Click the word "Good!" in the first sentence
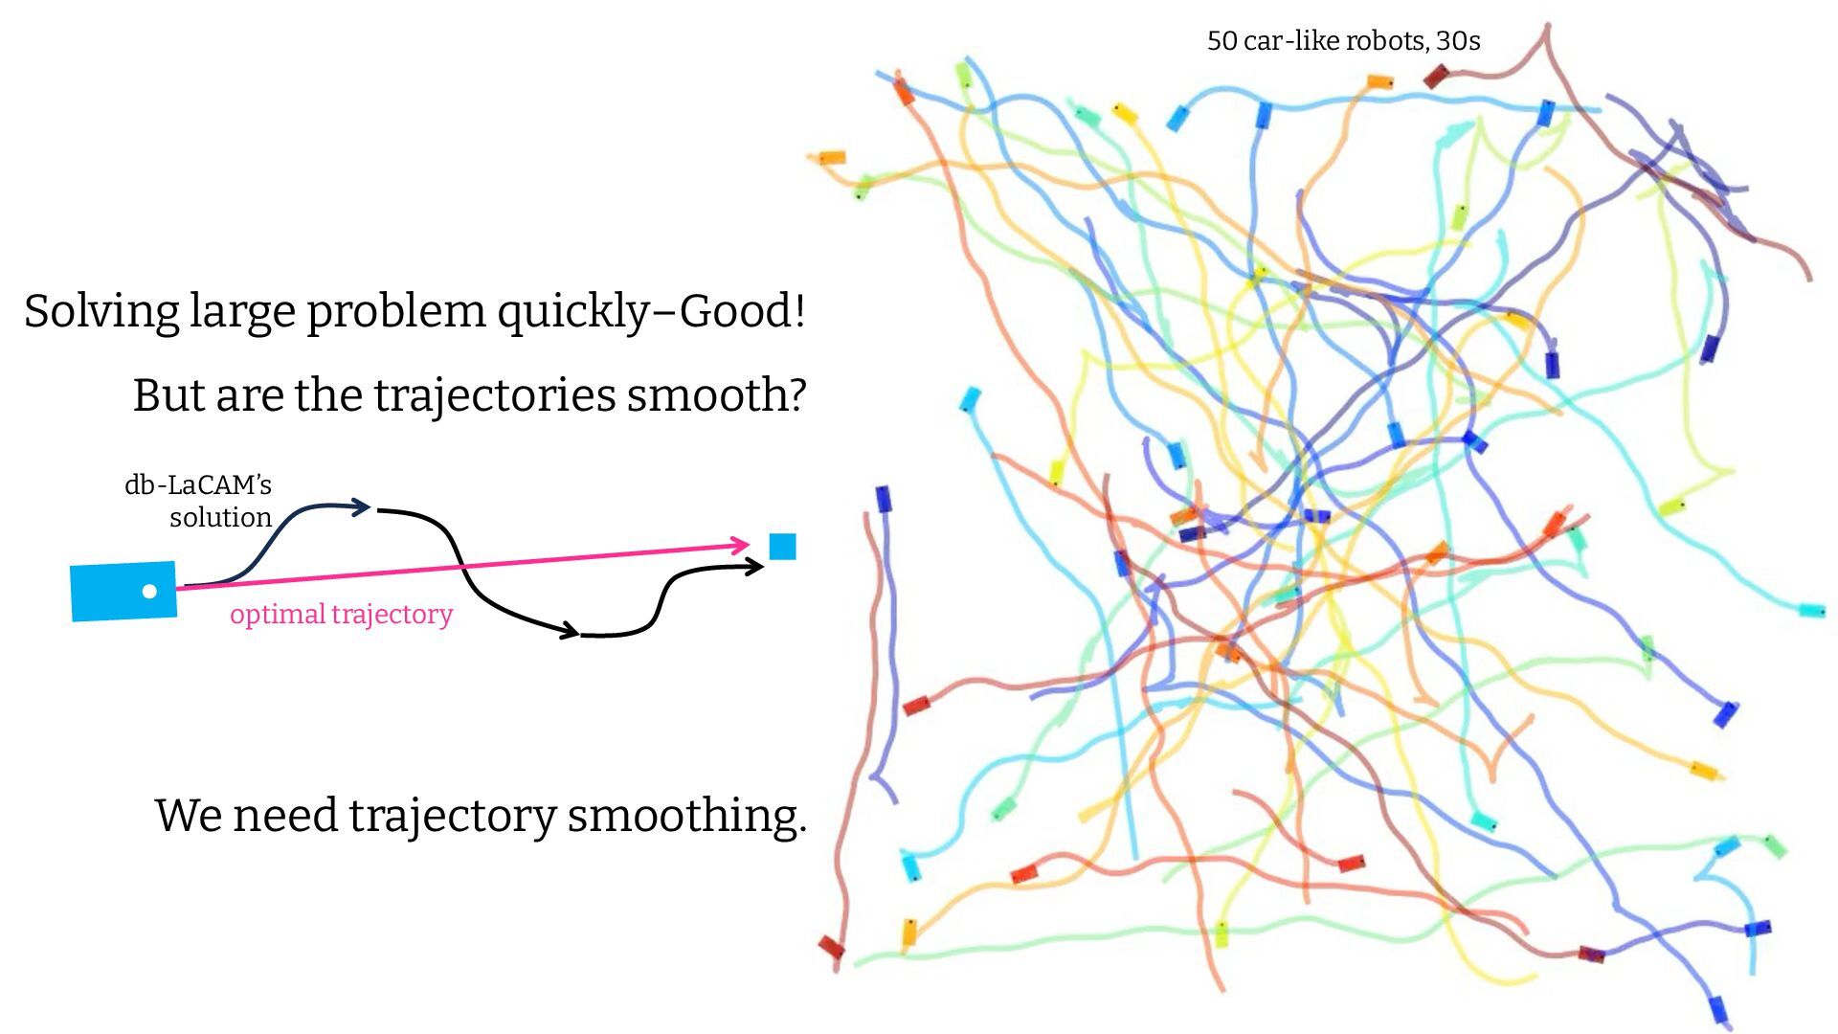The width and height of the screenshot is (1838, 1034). [742, 311]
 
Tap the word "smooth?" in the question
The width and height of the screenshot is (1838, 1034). [717, 394]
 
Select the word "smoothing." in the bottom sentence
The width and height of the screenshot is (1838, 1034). [687, 816]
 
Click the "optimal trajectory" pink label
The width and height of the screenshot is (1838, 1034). [341, 614]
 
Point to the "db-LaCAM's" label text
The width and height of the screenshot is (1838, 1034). [198, 484]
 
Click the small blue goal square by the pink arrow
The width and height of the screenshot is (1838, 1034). [782, 547]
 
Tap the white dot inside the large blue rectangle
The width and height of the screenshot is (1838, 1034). [149, 592]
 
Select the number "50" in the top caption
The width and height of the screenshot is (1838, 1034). [1222, 41]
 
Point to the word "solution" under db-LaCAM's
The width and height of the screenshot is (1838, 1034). [220, 518]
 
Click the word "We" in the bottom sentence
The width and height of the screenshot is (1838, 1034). [188, 816]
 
